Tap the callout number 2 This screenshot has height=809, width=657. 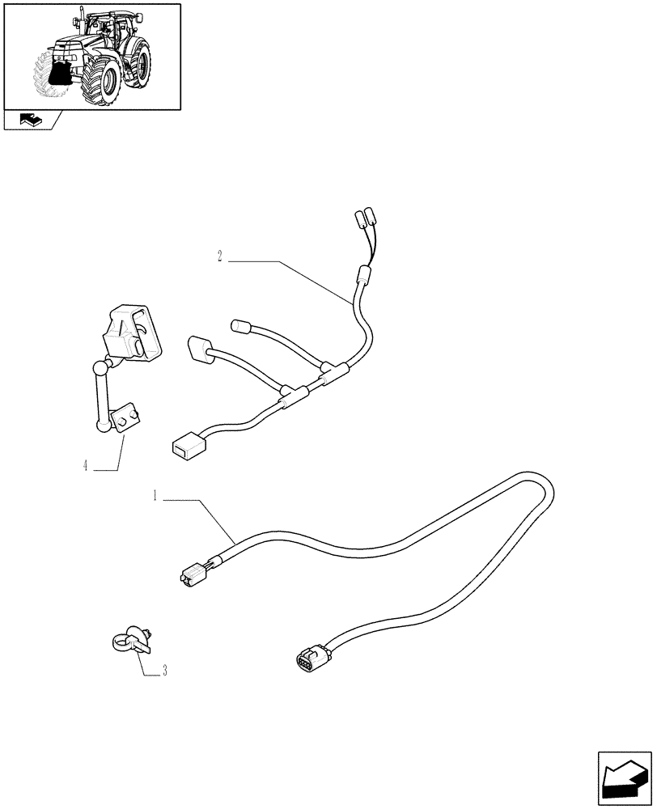[x=220, y=257]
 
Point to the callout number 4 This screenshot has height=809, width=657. [x=85, y=466]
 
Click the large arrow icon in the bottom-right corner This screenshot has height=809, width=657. [x=624, y=780]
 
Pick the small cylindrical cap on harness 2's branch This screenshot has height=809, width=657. [x=240, y=327]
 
